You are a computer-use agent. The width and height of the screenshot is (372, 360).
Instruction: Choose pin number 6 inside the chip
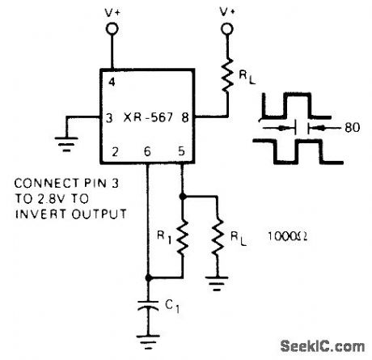point(147,150)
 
